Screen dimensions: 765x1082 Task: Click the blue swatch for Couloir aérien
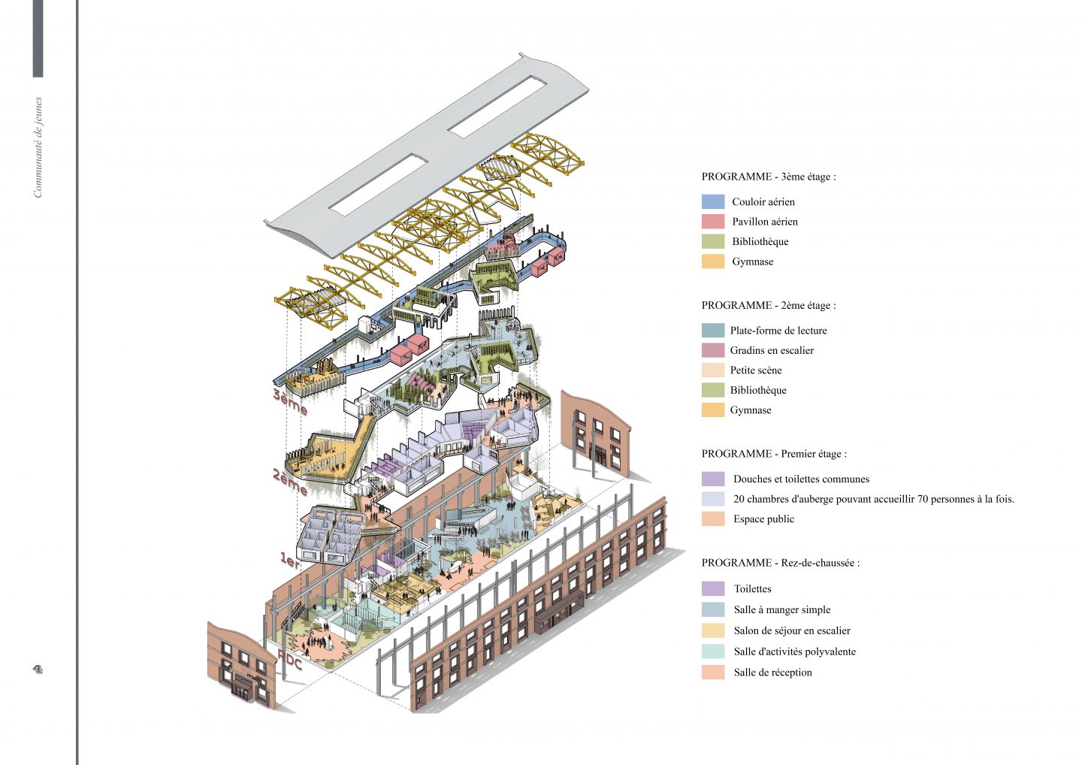pyautogui.click(x=712, y=201)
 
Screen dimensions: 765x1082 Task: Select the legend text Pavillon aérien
pyautogui.click(x=764, y=222)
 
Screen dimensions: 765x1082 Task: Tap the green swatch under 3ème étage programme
pyautogui.click(x=712, y=241)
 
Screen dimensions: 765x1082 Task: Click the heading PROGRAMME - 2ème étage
pyautogui.click(x=768, y=305)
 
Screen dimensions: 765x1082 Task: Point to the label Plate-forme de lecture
pyautogui.click(x=778, y=331)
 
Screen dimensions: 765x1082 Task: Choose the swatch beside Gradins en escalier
pyautogui.click(x=712, y=350)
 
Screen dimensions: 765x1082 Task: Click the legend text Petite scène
pyautogui.click(x=755, y=370)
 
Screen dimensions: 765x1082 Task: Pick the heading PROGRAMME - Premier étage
pyautogui.click(x=773, y=454)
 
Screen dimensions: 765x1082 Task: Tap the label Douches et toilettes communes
pyautogui.click(x=801, y=479)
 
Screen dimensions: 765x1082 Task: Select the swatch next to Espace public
pyautogui.click(x=712, y=519)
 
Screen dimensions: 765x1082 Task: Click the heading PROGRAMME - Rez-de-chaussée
pyautogui.click(x=780, y=563)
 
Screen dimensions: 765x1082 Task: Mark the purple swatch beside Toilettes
pyautogui.click(x=712, y=589)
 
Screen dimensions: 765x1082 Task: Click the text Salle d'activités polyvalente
pyautogui.click(x=794, y=652)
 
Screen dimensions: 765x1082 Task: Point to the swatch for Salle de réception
pyautogui.click(x=712, y=673)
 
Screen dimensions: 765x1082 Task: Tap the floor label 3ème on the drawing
pyautogui.click(x=289, y=402)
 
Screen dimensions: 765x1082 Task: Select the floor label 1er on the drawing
pyautogui.click(x=290, y=560)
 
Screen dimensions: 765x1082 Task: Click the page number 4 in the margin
pyautogui.click(x=38, y=669)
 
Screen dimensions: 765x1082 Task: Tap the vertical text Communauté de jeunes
pyautogui.click(x=38, y=147)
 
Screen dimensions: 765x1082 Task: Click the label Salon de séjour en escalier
pyautogui.click(x=792, y=630)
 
